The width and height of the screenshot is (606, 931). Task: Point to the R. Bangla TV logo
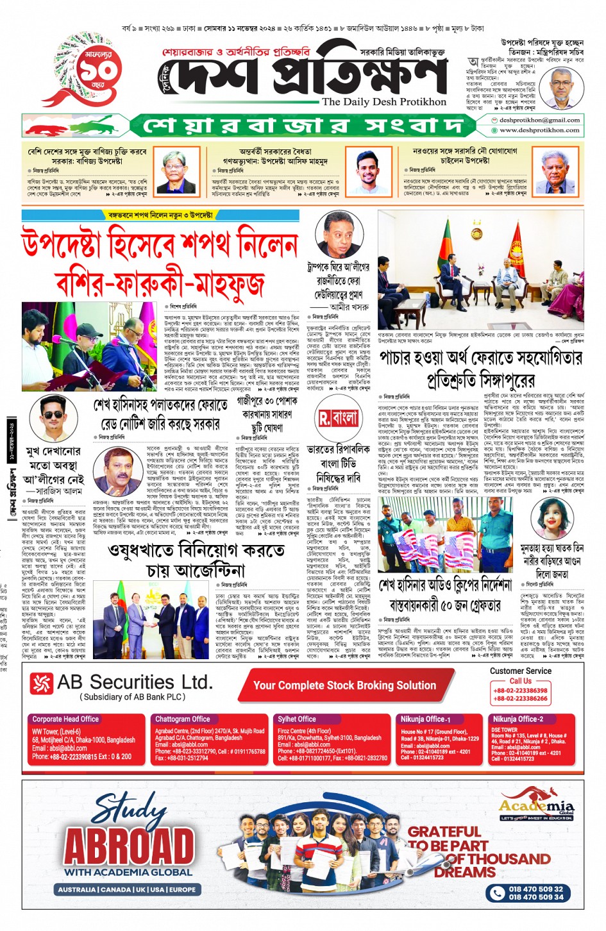pyautogui.click(x=338, y=419)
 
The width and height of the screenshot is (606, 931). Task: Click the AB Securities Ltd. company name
pyautogui.click(x=134, y=682)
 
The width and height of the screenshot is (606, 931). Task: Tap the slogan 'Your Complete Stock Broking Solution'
pyautogui.click(x=344, y=685)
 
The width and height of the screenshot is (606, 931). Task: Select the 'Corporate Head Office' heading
pyautogui.click(x=65, y=719)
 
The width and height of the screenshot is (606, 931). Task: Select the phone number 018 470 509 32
pyautogui.click(x=535, y=889)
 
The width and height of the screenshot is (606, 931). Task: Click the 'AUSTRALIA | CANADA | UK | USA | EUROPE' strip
pyautogui.click(x=127, y=889)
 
